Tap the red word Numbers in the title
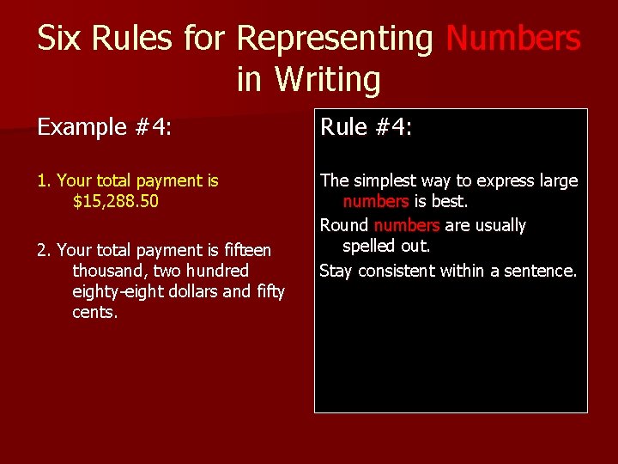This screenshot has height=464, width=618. click(x=513, y=39)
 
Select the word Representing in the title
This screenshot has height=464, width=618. click(x=335, y=39)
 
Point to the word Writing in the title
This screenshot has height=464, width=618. click(x=327, y=80)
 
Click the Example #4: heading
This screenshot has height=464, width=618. click(x=104, y=128)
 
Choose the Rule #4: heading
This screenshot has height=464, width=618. click(x=367, y=128)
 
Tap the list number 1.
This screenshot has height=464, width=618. click(x=44, y=181)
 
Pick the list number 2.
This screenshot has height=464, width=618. click(x=44, y=251)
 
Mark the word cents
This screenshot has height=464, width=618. click(x=94, y=313)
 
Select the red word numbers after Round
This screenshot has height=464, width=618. click(x=406, y=226)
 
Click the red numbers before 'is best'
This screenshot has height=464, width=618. click(x=375, y=202)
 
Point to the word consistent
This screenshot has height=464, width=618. click(x=397, y=272)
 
